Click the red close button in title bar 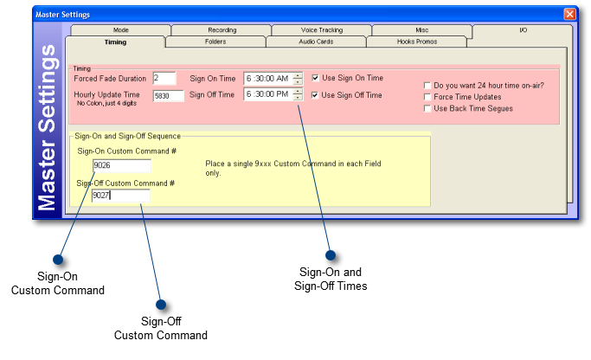coord(569,15)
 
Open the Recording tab coord(222,30)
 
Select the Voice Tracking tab coord(321,30)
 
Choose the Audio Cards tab coord(316,42)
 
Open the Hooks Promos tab coord(417,42)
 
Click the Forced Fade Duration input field coord(163,78)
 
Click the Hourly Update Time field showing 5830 coord(168,96)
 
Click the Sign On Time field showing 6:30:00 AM coord(267,78)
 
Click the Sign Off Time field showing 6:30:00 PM coord(267,95)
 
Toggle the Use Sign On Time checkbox coord(316,78)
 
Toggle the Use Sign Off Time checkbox coord(316,95)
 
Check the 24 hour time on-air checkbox coord(427,86)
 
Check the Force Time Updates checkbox coord(427,97)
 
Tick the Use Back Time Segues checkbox coord(427,108)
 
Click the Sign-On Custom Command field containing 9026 coord(121,166)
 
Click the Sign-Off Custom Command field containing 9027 coord(120,196)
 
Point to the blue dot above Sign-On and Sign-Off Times coord(330,255)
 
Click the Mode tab coord(120,30)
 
